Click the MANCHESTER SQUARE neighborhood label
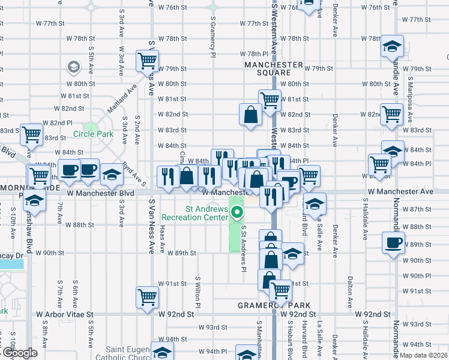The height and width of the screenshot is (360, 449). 273,68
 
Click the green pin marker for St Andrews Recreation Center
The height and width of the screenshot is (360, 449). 238,212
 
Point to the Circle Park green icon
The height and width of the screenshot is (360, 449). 91,128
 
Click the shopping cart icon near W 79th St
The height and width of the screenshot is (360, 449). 147,60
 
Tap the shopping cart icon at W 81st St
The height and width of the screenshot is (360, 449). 270,100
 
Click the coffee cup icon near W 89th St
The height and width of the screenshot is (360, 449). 394,243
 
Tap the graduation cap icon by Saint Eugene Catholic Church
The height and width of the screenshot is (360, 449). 161,352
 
